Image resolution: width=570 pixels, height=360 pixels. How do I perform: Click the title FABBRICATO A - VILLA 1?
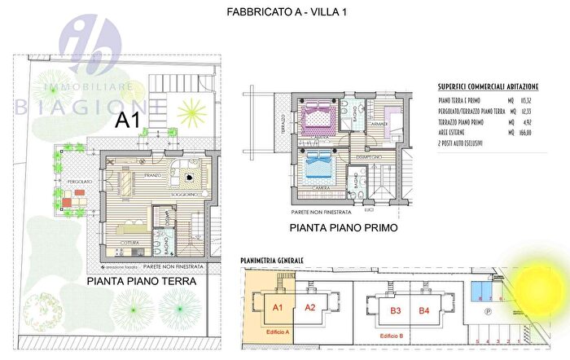[284, 13]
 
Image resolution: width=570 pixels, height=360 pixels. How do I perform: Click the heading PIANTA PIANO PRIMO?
[344, 229]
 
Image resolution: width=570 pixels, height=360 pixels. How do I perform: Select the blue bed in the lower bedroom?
[318, 169]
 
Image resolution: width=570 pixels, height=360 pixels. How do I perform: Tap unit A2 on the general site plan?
[309, 308]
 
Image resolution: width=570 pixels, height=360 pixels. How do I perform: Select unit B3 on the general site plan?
[397, 310]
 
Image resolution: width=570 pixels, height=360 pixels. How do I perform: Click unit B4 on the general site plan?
[423, 310]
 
